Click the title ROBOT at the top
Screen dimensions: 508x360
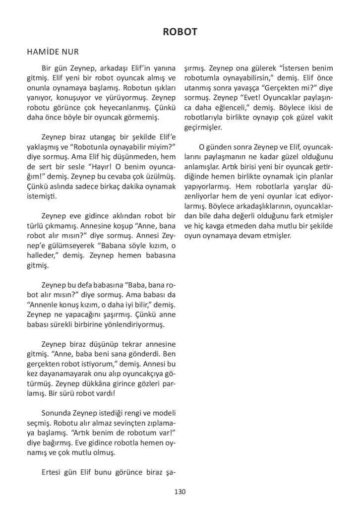coord(180,32)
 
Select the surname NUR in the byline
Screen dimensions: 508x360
coord(70,51)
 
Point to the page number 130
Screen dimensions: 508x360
coord(180,491)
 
